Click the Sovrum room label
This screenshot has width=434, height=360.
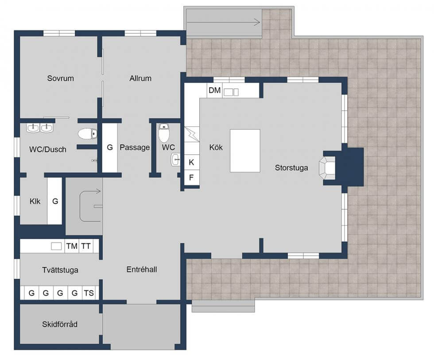pyautogui.click(x=60, y=78)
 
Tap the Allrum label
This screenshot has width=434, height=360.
pyautogui.click(x=140, y=78)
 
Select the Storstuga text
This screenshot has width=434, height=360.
pyautogui.click(x=291, y=168)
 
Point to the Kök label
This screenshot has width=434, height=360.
pyautogui.click(x=216, y=147)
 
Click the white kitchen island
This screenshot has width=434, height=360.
pyautogui.click(x=245, y=151)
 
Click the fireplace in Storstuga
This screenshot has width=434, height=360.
pyautogui.click(x=327, y=168)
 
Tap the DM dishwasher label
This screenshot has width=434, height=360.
pyautogui.click(x=214, y=90)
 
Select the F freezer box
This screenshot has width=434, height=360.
pyautogui.click(x=191, y=177)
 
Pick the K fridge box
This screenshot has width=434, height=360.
pyautogui.click(x=191, y=162)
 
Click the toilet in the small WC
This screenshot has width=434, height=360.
pyautogui.click(x=164, y=133)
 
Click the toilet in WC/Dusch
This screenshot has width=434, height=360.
pyautogui.click(x=88, y=134)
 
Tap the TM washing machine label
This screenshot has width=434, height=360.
pyautogui.click(x=72, y=246)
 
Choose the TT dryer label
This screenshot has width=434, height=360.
pyautogui.click(x=86, y=246)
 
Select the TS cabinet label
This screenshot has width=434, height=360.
pyautogui.click(x=89, y=293)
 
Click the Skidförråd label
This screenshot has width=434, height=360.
pyautogui.click(x=59, y=325)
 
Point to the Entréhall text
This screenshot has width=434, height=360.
pyautogui.click(x=142, y=270)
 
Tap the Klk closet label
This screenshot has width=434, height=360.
pyautogui.click(x=35, y=201)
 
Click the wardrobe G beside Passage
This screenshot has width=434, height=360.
pyautogui.click(x=110, y=148)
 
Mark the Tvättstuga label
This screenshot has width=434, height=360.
pyautogui.click(x=60, y=270)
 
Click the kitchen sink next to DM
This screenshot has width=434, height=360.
pyautogui.click(x=231, y=92)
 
